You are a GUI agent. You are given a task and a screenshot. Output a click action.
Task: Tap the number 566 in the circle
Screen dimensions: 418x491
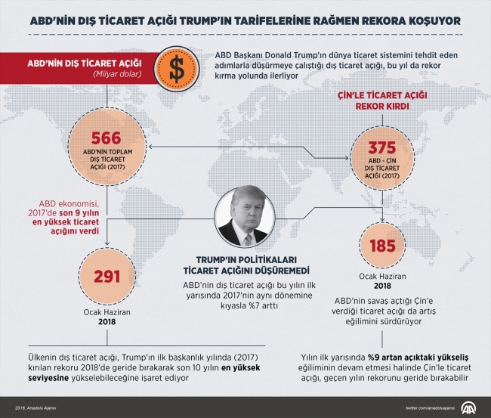pyautogui.click(x=107, y=138)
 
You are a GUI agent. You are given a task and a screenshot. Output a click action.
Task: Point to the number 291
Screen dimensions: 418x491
pyautogui.click(x=107, y=277)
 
